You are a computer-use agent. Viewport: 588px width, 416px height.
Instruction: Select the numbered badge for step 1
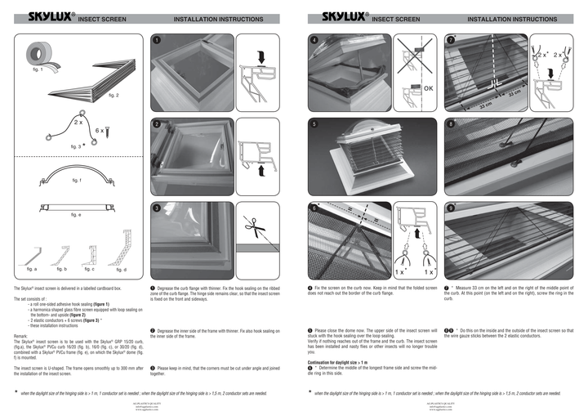[x=156, y=40]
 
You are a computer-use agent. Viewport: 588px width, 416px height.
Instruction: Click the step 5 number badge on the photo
[x=314, y=124]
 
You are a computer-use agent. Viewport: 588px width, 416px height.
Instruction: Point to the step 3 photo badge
[x=156, y=208]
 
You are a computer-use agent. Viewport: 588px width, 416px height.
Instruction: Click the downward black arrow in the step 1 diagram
[x=259, y=57]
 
